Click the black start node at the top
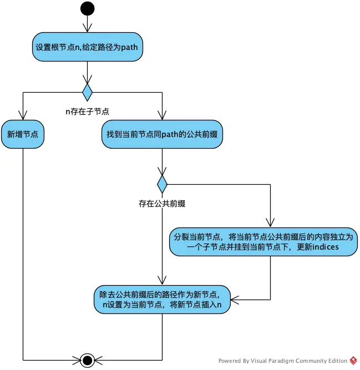(x=87, y=8)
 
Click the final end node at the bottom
(x=87, y=360)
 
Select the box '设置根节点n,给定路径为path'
(x=87, y=47)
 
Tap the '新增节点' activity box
(x=23, y=134)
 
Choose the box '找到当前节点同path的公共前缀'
(x=161, y=134)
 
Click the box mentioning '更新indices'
(x=262, y=241)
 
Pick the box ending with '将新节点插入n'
(x=161, y=300)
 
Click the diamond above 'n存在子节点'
(x=87, y=92)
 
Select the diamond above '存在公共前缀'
(x=161, y=184)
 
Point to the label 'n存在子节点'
(x=87, y=111)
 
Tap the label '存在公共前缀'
(x=161, y=203)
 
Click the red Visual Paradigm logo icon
(x=353, y=361)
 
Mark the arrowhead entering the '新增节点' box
(x=23, y=116)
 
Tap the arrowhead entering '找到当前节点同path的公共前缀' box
(x=161, y=116)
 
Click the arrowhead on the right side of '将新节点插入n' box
(x=234, y=300)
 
